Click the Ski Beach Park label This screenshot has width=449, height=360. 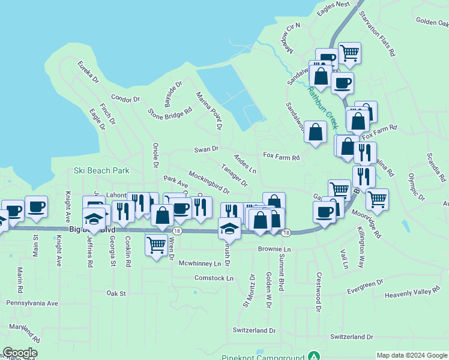click(x=101, y=170)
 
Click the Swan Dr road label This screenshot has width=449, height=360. click(x=206, y=149)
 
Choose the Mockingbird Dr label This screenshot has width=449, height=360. click(x=209, y=182)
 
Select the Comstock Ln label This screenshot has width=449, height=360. click(x=214, y=278)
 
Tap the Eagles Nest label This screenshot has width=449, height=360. click(x=335, y=4)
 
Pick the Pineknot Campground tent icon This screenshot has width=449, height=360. click(x=312, y=356)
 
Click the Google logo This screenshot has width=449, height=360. click(x=20, y=353)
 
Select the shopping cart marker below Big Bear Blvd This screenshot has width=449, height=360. click(x=156, y=244)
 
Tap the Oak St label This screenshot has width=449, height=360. click(x=116, y=293)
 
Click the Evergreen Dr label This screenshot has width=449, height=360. click(x=365, y=287)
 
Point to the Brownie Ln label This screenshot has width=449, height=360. click(x=274, y=248)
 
